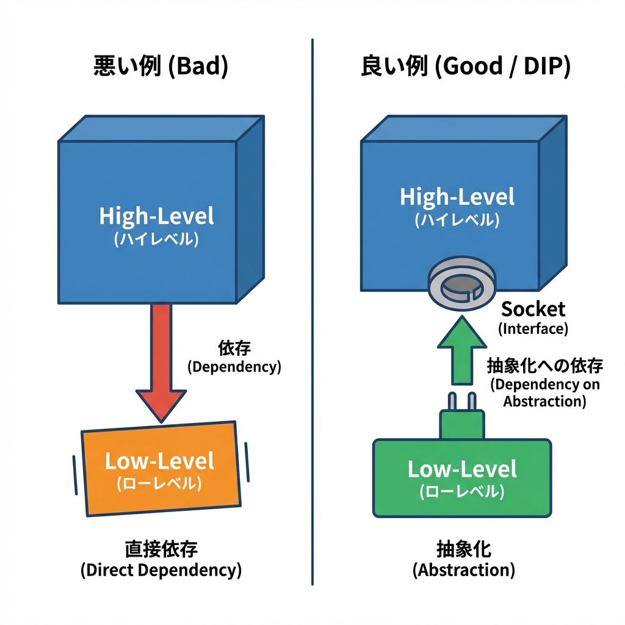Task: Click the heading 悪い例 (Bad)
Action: pyautogui.click(x=161, y=67)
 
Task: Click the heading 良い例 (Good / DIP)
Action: pyautogui.click(x=465, y=67)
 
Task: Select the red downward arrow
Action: pyautogui.click(x=161, y=360)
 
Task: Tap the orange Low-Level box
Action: pyautogui.click(x=162, y=469)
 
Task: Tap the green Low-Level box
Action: pyautogui.click(x=462, y=477)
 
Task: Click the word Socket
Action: pyautogui.click(x=533, y=309)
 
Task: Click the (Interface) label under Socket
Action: pyautogui.click(x=533, y=329)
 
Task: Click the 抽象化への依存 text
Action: pyautogui.click(x=545, y=366)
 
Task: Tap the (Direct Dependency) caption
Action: pyautogui.click(x=161, y=571)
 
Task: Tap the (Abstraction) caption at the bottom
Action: pyautogui.click(x=464, y=571)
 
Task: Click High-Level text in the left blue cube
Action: pyautogui.click(x=157, y=216)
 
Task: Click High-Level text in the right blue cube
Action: pyautogui.click(x=457, y=197)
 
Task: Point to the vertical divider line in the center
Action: pyautogui.click(x=312, y=305)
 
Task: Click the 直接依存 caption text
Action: pyautogui.click(x=161, y=549)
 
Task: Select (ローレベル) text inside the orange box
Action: pyautogui.click(x=159, y=484)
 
